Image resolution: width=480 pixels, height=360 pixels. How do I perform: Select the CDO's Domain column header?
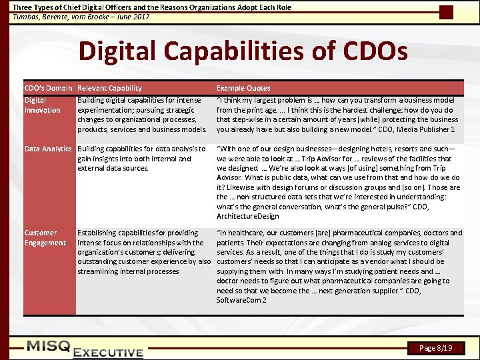(48, 88)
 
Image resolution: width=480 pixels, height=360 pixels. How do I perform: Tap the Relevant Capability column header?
(109, 88)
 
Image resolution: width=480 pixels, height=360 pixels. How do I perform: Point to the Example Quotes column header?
(243, 88)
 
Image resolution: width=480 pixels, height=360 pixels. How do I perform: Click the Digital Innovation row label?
(42, 105)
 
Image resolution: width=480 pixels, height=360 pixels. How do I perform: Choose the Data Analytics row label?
(48, 149)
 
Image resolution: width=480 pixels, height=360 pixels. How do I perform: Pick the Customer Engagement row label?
(45, 238)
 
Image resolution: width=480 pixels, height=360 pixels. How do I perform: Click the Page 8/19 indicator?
(436, 348)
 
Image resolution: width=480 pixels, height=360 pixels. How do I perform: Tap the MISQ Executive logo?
(85, 348)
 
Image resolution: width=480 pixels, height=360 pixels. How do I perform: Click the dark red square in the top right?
(447, 12)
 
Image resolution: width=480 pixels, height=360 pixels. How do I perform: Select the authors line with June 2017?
(81, 17)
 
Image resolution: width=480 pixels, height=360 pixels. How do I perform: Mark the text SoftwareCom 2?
(241, 300)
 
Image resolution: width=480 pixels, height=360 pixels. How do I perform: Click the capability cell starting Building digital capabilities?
(141, 115)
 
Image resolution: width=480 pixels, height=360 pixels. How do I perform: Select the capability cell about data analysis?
(141, 159)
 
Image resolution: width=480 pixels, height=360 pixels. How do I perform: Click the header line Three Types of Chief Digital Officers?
(152, 7)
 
